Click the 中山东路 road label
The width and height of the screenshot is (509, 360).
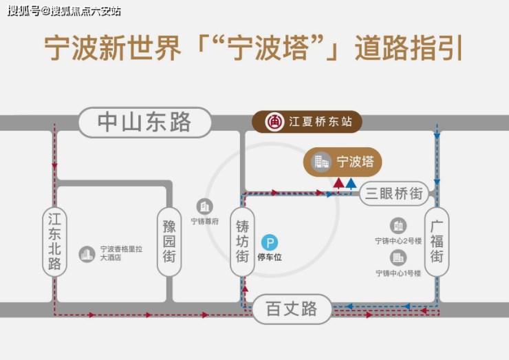[144, 123]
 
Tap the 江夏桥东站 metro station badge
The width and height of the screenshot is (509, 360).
[307, 122]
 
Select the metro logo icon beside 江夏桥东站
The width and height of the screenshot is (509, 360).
[274, 122]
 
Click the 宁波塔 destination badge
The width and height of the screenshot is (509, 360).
[343, 162]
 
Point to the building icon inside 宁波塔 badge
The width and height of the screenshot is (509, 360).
[321, 162]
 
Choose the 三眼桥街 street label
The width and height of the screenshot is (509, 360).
[394, 193]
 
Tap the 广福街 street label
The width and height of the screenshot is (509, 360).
[437, 242]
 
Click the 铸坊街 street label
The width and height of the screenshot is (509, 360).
[242, 242]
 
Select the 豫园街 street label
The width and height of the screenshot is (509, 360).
[169, 242]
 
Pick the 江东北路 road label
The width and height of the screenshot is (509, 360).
[54, 242]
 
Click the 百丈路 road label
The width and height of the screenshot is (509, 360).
[292, 309]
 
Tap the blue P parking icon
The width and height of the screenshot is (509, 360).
[270, 243]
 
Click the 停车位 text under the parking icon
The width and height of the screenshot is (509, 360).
[270, 257]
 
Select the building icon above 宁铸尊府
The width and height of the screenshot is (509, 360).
[205, 207]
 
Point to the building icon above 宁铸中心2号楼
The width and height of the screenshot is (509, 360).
[398, 226]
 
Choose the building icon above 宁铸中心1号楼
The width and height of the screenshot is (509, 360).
[398, 258]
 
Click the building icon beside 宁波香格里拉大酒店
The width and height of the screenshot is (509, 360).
[87, 254]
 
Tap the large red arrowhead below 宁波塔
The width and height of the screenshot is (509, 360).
[338, 183]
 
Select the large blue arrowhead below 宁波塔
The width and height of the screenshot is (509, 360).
[351, 183]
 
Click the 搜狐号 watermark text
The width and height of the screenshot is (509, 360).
[24, 11]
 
